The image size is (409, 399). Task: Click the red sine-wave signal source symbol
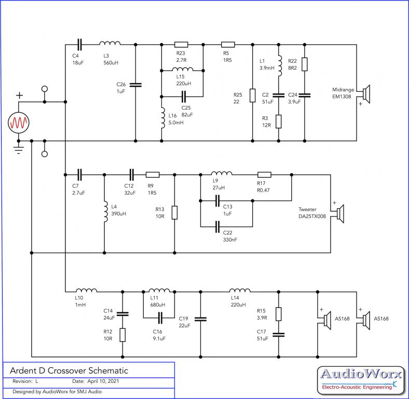coord(19,123)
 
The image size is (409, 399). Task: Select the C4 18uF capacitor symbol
coord(79,45)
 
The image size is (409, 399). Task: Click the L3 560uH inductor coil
coord(110,43)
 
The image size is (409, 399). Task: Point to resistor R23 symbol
coord(181,45)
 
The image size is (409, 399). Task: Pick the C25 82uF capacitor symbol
coord(184,97)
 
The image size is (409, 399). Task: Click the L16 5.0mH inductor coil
coord(163,118)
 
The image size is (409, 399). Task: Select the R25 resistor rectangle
coord(252,96)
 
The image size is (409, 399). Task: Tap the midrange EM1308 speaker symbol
coord(366,94)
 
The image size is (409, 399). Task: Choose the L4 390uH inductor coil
coord(106,211)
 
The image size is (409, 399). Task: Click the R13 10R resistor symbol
coord(174,212)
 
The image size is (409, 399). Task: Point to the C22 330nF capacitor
coord(217,227)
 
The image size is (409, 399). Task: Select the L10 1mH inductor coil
coord(86,290)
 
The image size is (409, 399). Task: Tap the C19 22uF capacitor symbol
coord(200,319)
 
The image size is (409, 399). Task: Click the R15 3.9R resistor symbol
coord(279,314)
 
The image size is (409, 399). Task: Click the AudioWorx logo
coord(361,380)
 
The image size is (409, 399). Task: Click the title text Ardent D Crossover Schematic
coord(69,370)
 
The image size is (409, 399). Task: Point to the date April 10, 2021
coord(103,381)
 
